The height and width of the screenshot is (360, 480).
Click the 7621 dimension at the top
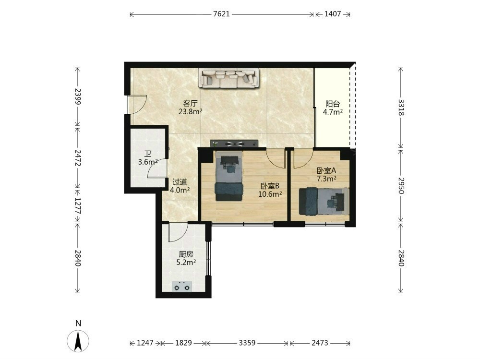pos(221,14)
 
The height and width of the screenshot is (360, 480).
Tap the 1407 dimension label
pos(333,14)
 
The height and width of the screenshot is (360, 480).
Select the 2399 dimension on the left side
pos(78,97)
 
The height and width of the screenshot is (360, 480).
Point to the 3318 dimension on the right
pos(401,108)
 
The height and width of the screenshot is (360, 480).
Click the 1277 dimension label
pos(78,206)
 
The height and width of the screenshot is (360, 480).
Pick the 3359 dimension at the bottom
pos(247,343)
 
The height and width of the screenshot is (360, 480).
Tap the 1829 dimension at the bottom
pos(183,343)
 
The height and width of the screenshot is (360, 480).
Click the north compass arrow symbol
pos(78,341)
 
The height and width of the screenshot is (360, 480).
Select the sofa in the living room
pos(228,78)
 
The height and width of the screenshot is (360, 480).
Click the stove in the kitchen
pos(182,287)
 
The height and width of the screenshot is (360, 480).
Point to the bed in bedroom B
pos(229,176)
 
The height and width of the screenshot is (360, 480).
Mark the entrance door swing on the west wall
pos(137,105)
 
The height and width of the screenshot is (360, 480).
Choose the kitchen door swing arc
pos(178,233)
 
